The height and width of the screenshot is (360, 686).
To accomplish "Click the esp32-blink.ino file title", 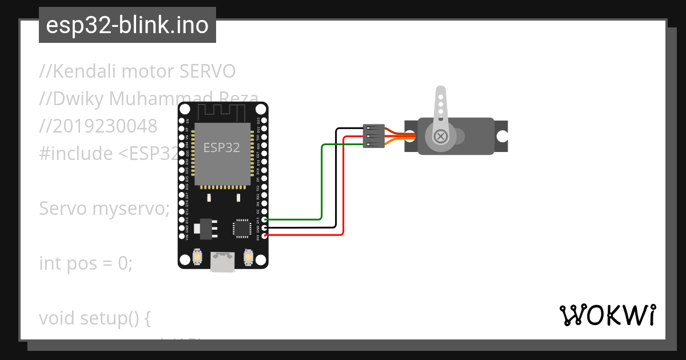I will coord(127,25).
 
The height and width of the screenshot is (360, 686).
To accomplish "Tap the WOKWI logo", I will coord(607,315).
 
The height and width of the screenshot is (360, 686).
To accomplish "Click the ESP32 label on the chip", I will coord(222,147).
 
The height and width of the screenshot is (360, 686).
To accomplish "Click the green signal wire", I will coord(322,183).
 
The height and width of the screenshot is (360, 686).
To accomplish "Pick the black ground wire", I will coord(336,183).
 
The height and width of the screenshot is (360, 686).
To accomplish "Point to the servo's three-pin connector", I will coord(373,137).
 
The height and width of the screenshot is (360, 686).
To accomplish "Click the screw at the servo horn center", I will coord(440,136).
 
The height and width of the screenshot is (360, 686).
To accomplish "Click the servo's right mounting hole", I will coord(502,136).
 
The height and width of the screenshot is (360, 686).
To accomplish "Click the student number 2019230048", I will coord(98,126).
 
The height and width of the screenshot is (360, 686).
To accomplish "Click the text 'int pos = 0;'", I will coord(86,263).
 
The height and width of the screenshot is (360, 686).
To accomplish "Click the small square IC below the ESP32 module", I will coord(241,228).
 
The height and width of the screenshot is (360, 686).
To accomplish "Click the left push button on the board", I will coord(197,257).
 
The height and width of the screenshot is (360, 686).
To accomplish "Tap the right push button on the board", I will coord(248,257).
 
